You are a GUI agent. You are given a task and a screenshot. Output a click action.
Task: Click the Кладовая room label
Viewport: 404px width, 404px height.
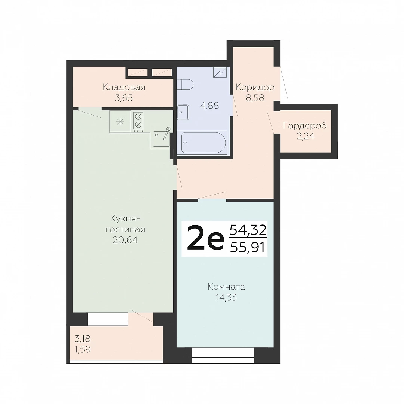tap(124, 87)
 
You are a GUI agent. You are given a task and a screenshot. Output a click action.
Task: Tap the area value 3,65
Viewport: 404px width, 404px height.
tap(124, 98)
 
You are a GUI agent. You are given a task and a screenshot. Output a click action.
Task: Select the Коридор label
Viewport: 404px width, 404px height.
tap(255, 88)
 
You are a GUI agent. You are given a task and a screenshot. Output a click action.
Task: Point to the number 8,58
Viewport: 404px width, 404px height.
tap(255, 98)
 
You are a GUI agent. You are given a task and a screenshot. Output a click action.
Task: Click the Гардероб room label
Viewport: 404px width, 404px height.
tap(305, 126)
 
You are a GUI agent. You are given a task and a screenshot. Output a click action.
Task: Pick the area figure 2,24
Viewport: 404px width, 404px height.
tap(306, 136)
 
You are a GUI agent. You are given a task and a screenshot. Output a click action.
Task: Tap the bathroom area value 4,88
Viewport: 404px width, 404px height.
tap(209, 105)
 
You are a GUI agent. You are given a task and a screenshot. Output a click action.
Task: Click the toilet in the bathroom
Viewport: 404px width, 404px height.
tap(185, 84)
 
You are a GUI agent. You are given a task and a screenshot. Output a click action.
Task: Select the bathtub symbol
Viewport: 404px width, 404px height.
tap(203, 143)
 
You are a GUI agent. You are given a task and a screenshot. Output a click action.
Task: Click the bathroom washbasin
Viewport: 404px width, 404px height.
tap(183, 112)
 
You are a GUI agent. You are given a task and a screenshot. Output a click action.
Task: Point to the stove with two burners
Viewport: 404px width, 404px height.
tap(138, 122)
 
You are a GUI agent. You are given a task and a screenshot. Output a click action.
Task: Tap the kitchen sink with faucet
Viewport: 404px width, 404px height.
tap(161, 139)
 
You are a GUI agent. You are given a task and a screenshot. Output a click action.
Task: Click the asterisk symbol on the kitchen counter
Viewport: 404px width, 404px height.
tap(120, 122)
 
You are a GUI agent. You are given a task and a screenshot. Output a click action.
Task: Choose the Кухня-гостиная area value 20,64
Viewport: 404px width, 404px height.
tap(125, 240)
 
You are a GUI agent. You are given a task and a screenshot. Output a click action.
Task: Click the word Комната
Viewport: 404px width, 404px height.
tap(226, 287)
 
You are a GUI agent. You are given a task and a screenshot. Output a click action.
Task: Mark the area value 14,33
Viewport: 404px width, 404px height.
tap(226, 298)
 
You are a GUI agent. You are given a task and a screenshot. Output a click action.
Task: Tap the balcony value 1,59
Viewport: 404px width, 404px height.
tap(82, 349)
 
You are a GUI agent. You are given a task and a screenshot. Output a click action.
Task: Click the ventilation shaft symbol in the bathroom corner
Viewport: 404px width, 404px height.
tap(220, 73)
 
